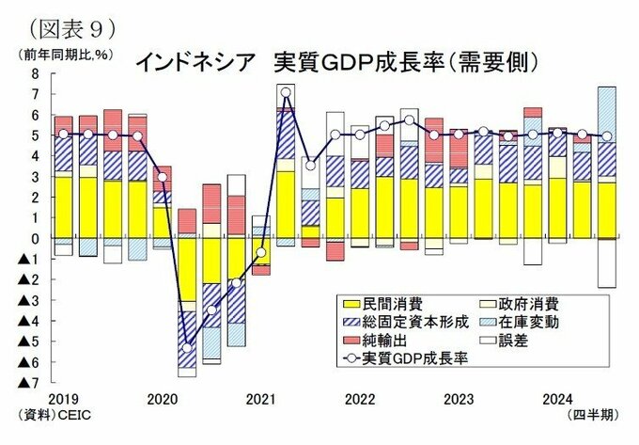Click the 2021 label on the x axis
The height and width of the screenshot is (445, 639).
point(259,397)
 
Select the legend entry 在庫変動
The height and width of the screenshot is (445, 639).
point(531,322)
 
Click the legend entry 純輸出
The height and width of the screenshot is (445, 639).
point(381,341)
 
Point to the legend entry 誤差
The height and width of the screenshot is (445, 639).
point(515,341)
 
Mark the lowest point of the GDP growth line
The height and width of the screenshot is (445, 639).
point(186,348)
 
